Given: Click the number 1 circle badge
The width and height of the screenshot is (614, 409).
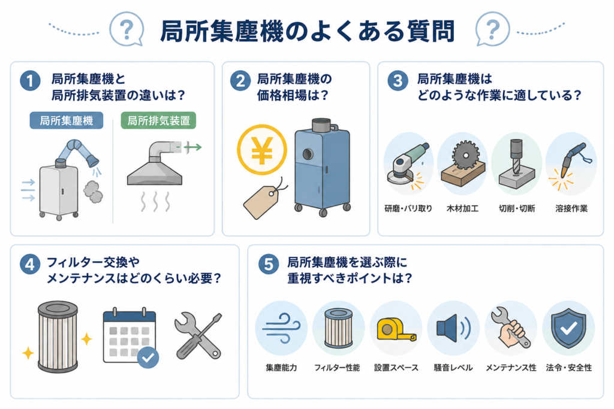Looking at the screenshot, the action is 30,81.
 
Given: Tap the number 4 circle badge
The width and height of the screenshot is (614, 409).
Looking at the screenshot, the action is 30,264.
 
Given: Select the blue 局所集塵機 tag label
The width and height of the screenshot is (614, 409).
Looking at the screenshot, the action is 67,120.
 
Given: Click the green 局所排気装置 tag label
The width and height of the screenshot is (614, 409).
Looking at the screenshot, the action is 158,120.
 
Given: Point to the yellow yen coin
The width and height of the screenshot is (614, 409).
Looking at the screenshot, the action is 262,150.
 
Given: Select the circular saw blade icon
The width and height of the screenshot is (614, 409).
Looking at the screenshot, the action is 465,155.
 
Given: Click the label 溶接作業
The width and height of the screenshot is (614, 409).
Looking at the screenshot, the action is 571,208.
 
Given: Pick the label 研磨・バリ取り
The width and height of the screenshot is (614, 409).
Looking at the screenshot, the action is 408,208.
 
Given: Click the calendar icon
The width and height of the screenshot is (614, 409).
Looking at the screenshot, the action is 130,337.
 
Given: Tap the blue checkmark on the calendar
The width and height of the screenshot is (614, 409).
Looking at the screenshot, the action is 148,358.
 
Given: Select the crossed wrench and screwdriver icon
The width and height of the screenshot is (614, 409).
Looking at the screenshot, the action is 198,337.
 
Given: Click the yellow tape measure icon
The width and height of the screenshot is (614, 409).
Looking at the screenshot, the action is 396,329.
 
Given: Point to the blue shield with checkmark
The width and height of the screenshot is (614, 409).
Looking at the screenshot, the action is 568,328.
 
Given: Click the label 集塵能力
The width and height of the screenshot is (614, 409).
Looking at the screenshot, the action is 282,368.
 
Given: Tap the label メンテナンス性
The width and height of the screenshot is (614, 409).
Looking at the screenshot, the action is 511,368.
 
